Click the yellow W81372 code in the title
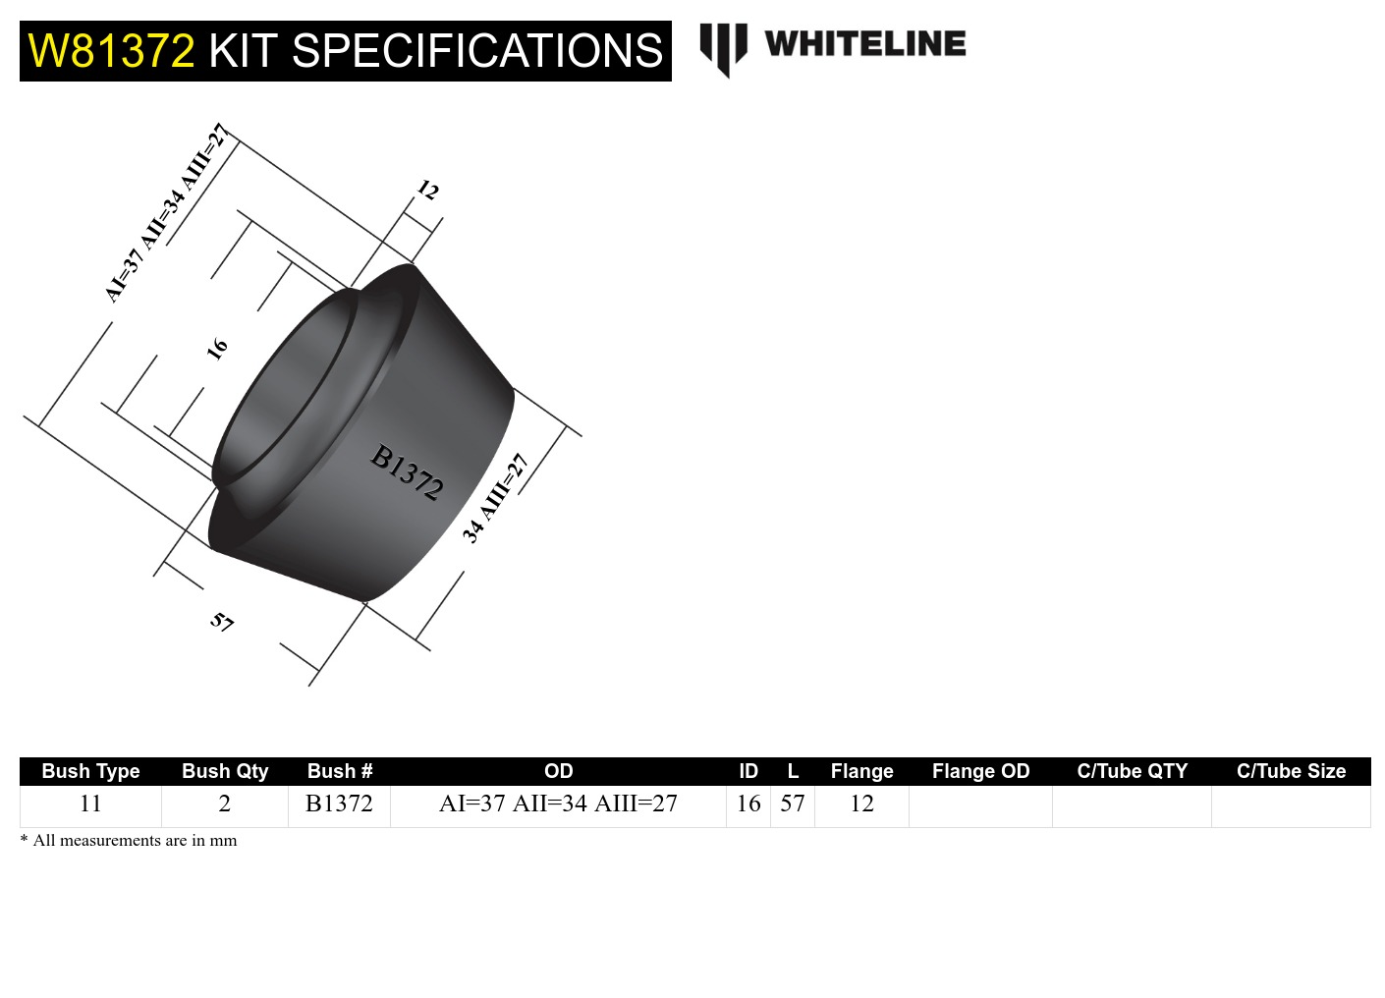point(111,51)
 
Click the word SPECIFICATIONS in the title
point(477,51)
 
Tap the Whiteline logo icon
point(723,48)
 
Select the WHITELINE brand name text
point(864,44)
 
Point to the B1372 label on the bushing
point(407,471)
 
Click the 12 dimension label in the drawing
point(428,190)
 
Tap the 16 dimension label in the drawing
point(217,347)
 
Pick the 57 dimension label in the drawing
point(222,622)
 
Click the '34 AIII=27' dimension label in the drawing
point(495,498)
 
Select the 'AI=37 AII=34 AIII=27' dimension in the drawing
point(166,213)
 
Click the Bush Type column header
point(90,771)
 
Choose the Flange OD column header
point(980,771)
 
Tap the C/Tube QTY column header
point(1132,771)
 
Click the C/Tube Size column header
point(1291,771)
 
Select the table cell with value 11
point(90,804)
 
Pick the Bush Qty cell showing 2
point(224,804)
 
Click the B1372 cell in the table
point(339,804)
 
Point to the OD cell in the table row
point(558,804)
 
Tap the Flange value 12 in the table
point(861,804)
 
